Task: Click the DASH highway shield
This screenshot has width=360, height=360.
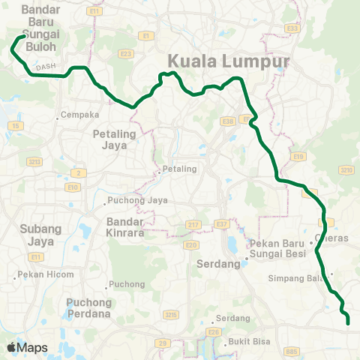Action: (x=46, y=66)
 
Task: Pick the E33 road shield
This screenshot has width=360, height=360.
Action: (x=293, y=28)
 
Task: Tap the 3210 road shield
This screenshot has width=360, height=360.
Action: (x=346, y=170)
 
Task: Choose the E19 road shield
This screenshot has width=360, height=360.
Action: (x=298, y=156)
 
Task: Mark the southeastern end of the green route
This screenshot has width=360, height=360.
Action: (x=349, y=323)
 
